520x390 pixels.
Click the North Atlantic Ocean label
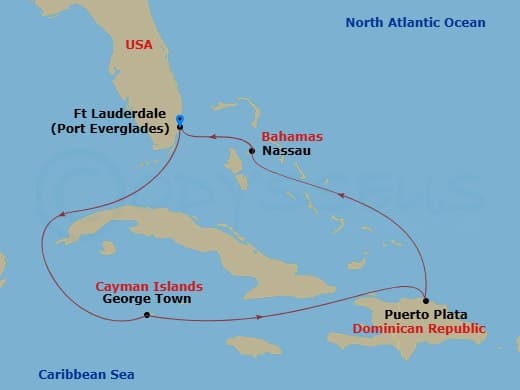pos(415,22)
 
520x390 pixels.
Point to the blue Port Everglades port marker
pos(179,119)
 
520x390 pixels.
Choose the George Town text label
pos(147,299)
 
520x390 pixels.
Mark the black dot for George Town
pos(147,315)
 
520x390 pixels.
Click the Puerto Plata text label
pos(420,314)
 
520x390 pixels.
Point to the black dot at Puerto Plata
pos(425,301)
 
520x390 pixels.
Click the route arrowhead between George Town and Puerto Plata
pos(261,319)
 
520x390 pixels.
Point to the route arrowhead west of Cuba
pos(63,213)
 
